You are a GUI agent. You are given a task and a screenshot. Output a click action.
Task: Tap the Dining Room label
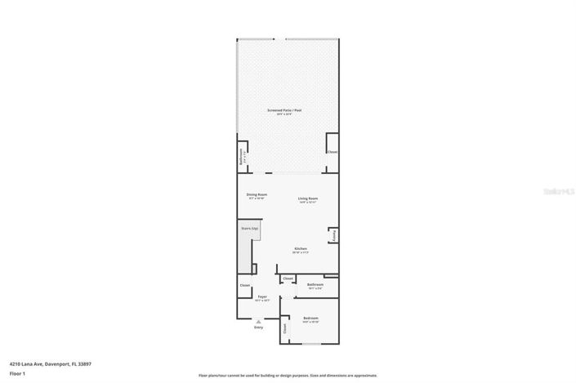click(257, 194)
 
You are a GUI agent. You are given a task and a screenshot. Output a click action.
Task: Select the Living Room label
click(307, 198)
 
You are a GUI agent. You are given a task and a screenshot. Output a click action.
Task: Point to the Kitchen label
click(301, 248)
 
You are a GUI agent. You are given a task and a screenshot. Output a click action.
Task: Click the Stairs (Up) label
click(249, 229)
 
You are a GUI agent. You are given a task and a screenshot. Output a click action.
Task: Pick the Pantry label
click(334, 235)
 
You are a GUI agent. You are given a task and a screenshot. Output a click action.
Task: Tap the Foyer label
click(262, 296)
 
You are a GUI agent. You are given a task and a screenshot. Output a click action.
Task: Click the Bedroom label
click(310, 318)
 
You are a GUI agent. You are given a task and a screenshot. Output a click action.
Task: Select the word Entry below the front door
click(258, 328)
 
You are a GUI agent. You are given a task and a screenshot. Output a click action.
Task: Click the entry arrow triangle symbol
click(258, 322)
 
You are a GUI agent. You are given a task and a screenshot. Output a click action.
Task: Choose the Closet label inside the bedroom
click(284, 328)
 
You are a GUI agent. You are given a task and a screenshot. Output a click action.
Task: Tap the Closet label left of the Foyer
click(244, 285)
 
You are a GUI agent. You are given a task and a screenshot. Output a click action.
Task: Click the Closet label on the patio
click(332, 152)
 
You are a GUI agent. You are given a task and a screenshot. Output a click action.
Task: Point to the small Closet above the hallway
click(288, 278)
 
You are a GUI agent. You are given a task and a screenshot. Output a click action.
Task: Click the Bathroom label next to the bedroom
click(315, 285)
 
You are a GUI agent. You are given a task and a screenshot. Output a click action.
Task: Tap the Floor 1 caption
click(17, 374)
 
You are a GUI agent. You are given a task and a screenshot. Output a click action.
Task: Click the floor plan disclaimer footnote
click(288, 376)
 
